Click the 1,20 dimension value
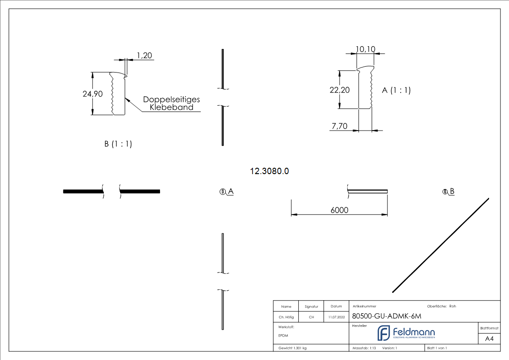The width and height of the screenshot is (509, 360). point(144,56)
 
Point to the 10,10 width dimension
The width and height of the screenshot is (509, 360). point(365,49)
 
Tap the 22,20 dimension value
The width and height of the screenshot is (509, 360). point(339,90)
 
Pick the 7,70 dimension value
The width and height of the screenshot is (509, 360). point(339,126)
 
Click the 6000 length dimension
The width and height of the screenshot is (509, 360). point(339,210)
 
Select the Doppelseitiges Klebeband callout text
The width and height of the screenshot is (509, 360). point(171,103)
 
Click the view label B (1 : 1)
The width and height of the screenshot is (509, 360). point(118,144)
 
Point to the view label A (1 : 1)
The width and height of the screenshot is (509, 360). point(396,90)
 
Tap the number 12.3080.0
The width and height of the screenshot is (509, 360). point(270,171)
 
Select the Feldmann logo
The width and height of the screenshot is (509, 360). point(406,333)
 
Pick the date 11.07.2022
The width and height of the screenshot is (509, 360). point(336,317)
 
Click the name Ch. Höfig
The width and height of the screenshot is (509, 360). point(286,317)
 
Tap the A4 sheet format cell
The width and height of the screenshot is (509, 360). point(490,339)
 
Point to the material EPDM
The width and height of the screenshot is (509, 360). point(283,336)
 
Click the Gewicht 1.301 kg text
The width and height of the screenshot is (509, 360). point(292,348)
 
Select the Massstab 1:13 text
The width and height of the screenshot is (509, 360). point(364,348)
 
